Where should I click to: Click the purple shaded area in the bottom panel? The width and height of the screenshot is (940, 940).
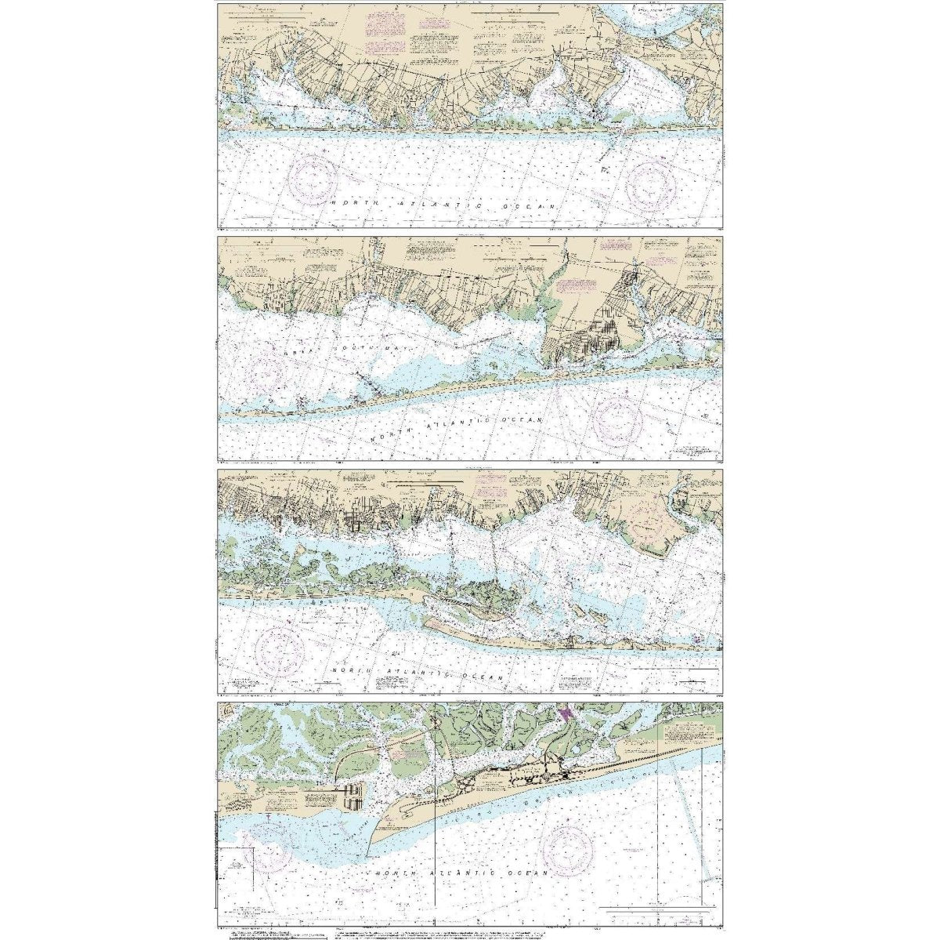pos(566,716)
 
